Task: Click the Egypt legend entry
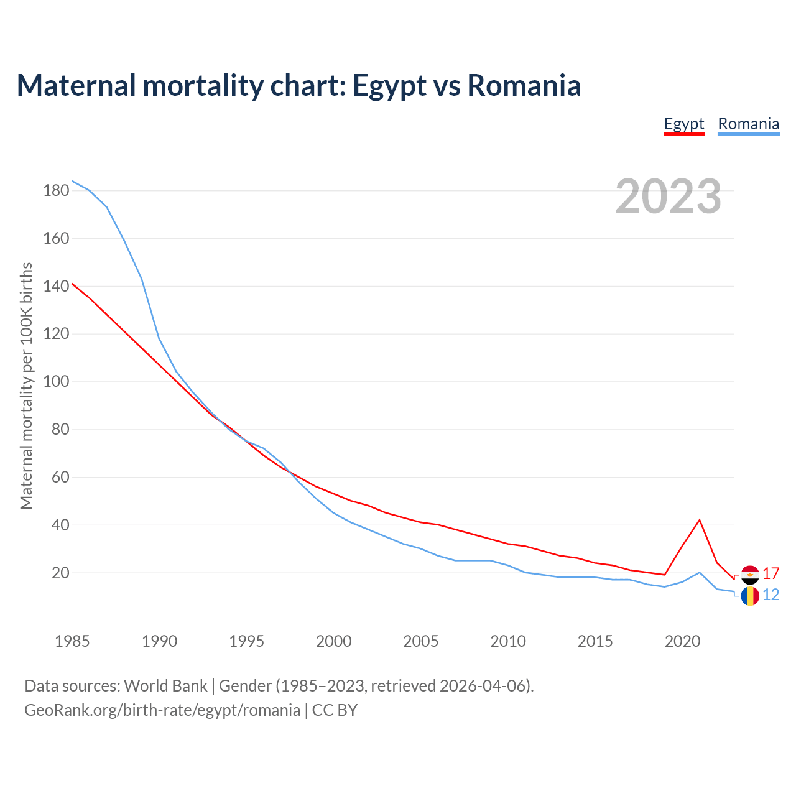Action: (x=683, y=124)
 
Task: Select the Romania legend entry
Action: (x=748, y=124)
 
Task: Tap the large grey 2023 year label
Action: (x=669, y=197)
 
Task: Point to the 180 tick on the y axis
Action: (x=56, y=191)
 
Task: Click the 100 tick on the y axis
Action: (x=56, y=382)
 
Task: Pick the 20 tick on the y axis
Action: (x=60, y=573)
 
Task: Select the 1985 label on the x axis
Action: (x=72, y=641)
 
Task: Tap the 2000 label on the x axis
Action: (x=333, y=641)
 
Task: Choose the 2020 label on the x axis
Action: (x=682, y=641)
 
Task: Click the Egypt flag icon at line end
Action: (x=750, y=575)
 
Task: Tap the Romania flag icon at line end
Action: (x=750, y=596)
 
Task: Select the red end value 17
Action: (x=771, y=574)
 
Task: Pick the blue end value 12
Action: (x=771, y=595)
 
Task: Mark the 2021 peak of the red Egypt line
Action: (x=700, y=520)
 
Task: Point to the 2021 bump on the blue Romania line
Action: (x=700, y=572)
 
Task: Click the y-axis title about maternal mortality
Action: (x=26, y=386)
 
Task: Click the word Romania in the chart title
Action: (x=524, y=85)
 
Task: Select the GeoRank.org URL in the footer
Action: (x=162, y=710)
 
